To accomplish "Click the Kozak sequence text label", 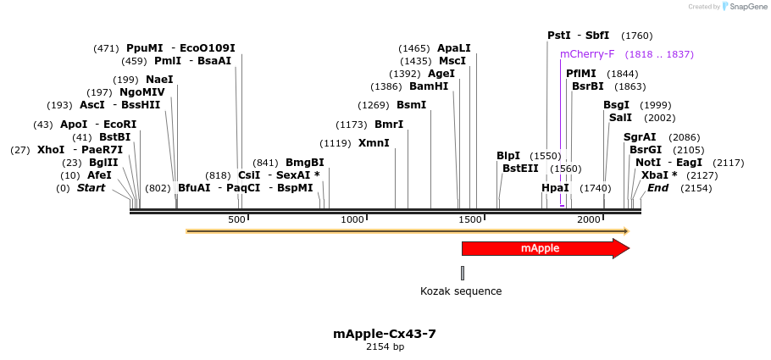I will click(461, 291).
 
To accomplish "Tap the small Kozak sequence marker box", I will click(463, 273).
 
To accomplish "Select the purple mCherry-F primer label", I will click(587, 54).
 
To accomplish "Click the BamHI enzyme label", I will click(429, 86).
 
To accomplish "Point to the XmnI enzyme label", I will click(374, 143).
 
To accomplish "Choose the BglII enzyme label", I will click(103, 163).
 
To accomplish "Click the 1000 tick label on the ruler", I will click(352, 220).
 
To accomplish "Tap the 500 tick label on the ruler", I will click(236, 220).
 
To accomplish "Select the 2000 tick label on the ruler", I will click(589, 220).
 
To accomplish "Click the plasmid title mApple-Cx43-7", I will click(385, 334).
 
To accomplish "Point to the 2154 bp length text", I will click(385, 347).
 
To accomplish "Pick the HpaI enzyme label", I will click(555, 188).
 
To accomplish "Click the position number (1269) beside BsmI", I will click(374, 105).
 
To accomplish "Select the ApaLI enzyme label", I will click(454, 48).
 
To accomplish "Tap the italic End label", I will click(658, 188).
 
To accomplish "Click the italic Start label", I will click(92, 188).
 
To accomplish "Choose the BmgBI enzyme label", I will click(305, 163).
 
